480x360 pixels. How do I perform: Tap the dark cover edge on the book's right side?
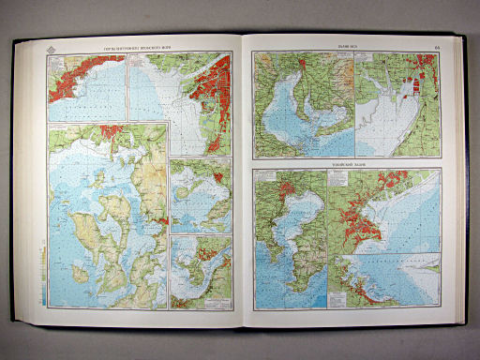(x=463, y=187)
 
